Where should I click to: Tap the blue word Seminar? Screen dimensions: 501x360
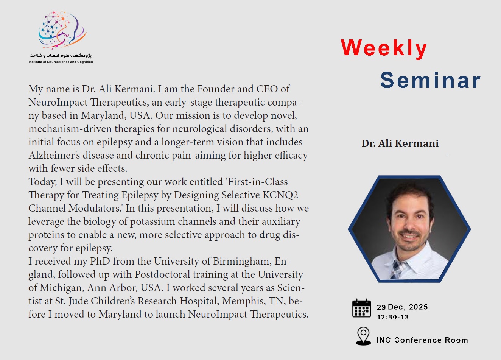click(x=430, y=80)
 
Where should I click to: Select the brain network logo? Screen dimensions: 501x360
click(x=62, y=30)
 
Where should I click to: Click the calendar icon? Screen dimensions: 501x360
click(x=362, y=308)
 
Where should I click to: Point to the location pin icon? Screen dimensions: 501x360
click(x=363, y=336)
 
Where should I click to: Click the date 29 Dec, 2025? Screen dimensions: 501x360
click(x=402, y=307)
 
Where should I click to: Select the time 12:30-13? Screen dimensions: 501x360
click(x=393, y=317)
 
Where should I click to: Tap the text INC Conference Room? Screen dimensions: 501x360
click(x=422, y=340)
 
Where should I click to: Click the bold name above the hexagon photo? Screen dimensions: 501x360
click(x=400, y=143)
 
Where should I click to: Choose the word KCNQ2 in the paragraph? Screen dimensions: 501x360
click(x=280, y=195)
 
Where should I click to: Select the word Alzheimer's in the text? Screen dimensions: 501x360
click(x=54, y=155)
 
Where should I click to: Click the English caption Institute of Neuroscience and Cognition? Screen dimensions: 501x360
click(x=61, y=62)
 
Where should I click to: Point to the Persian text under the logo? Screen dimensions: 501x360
click(x=61, y=55)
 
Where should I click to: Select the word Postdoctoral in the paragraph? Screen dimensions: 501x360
click(x=162, y=274)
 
